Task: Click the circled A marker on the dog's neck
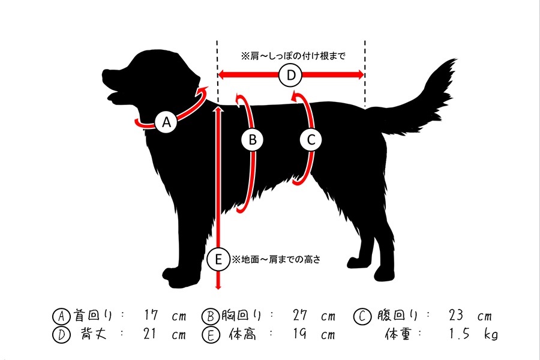pyautogui.click(x=166, y=122)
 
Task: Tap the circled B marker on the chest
pyautogui.click(x=253, y=140)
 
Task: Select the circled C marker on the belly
pyautogui.click(x=311, y=140)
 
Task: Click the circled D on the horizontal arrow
pyautogui.click(x=291, y=75)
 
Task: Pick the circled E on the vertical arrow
pyautogui.click(x=218, y=259)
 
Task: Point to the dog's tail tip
pyautogui.click(x=455, y=61)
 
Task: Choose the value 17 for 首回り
pyautogui.click(x=151, y=315)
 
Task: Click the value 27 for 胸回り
pyautogui.click(x=301, y=315)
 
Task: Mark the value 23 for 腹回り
pyautogui.click(x=456, y=315)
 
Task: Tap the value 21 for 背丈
pyautogui.click(x=150, y=334)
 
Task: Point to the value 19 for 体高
pyautogui.click(x=300, y=334)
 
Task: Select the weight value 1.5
pyautogui.click(x=459, y=334)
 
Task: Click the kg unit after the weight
pyautogui.click(x=490, y=334)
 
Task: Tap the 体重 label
pyautogui.click(x=398, y=334)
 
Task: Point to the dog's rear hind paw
pyautogui.click(x=384, y=274)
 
